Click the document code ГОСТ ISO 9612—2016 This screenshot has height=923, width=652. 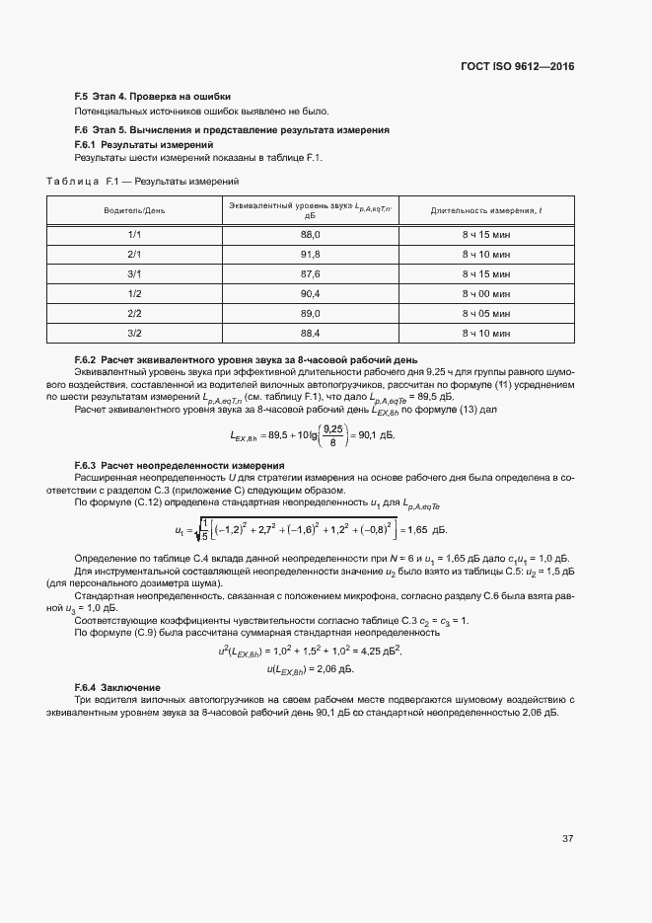[517, 67]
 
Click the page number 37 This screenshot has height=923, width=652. [567, 839]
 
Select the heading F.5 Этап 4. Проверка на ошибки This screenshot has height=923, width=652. [153, 97]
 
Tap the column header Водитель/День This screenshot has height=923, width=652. [135, 211]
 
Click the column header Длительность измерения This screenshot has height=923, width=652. [485, 211]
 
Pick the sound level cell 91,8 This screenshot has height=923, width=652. [311, 254]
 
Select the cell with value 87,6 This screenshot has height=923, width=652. [311, 273]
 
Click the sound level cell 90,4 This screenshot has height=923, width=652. [311, 293]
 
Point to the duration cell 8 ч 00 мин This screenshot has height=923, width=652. [485, 293]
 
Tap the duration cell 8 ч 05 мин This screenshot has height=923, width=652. [485, 313]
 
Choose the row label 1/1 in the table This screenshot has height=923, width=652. [135, 234]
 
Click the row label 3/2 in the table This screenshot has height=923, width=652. [135, 333]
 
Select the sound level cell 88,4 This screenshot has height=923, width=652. [311, 333]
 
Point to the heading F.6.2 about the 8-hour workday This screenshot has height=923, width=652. [247, 358]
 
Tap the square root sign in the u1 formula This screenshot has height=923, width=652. [199, 530]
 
